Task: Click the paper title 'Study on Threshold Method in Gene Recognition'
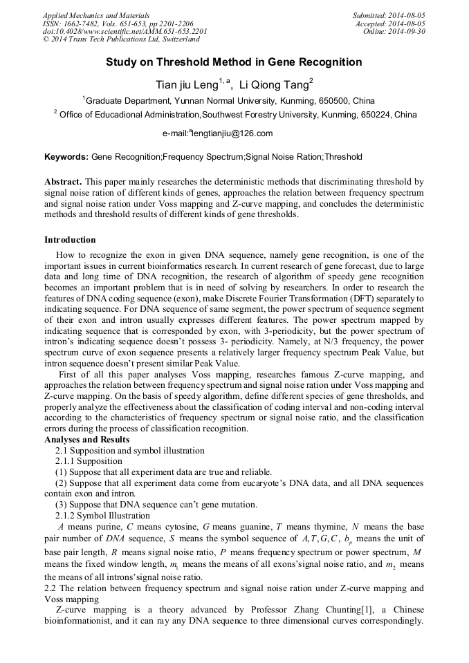(234, 62)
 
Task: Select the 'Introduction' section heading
(70, 240)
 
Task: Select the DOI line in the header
(125, 32)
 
